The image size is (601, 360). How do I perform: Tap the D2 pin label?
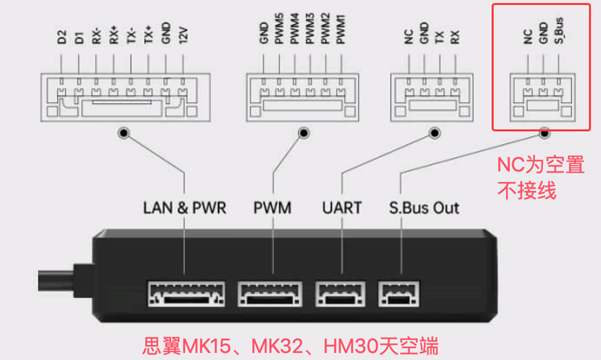(x=61, y=37)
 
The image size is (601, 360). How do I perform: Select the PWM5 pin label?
(x=278, y=33)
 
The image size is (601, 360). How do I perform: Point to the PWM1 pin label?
(x=340, y=33)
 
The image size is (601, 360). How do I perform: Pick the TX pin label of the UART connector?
(x=440, y=37)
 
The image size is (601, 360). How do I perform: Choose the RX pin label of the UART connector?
(x=456, y=37)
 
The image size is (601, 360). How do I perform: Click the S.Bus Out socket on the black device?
(x=399, y=293)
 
